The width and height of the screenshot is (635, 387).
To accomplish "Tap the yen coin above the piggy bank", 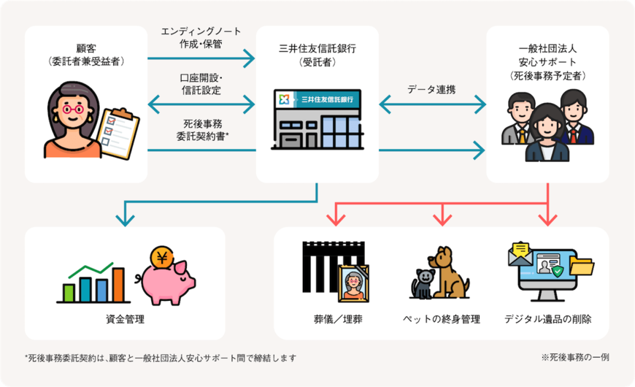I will click(162, 258).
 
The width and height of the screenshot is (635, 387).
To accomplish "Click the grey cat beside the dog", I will click(423, 284).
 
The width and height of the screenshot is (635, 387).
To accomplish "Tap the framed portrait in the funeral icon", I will click(353, 283).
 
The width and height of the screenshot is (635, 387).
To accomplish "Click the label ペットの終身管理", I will click(441, 319).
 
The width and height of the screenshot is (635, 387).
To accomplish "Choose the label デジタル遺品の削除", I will click(547, 319).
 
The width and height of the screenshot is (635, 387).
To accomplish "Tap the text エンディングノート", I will click(201, 31).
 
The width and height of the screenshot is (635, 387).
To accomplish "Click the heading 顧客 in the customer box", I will click(86, 48).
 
